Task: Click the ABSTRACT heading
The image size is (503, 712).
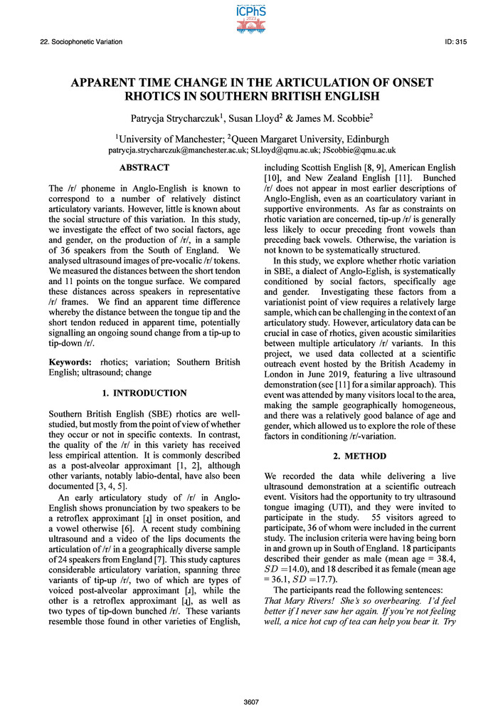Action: tap(144, 168)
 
